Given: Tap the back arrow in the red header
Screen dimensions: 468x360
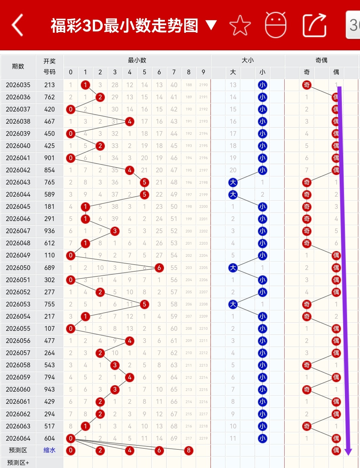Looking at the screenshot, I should (18, 25).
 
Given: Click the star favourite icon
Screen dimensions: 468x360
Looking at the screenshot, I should (240, 25).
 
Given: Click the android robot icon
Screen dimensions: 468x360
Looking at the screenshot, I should (275, 25).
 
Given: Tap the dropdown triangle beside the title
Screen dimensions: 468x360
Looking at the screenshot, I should (211, 25).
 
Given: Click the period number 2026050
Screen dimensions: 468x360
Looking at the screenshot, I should (18, 268).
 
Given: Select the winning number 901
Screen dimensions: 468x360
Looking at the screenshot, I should (49, 158).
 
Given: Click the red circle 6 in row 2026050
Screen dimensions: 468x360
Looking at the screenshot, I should (159, 268).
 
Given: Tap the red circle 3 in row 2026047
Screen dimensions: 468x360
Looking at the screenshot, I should (115, 231).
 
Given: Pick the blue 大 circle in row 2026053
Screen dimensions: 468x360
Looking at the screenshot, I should (233, 304).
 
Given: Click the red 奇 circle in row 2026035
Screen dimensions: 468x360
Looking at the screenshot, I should (307, 85).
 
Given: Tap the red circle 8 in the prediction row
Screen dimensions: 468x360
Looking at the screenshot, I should (189, 450).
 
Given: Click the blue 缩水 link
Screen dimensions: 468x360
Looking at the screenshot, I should (49, 450).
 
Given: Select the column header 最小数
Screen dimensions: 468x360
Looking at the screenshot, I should (137, 60).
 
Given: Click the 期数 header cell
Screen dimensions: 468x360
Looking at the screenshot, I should (18, 66).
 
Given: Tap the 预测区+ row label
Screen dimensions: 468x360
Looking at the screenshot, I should (18, 463).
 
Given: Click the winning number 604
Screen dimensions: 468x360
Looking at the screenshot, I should (49, 438).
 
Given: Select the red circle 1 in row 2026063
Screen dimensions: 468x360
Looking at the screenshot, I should (86, 426).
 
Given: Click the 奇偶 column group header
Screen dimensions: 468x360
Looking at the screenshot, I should (321, 60).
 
